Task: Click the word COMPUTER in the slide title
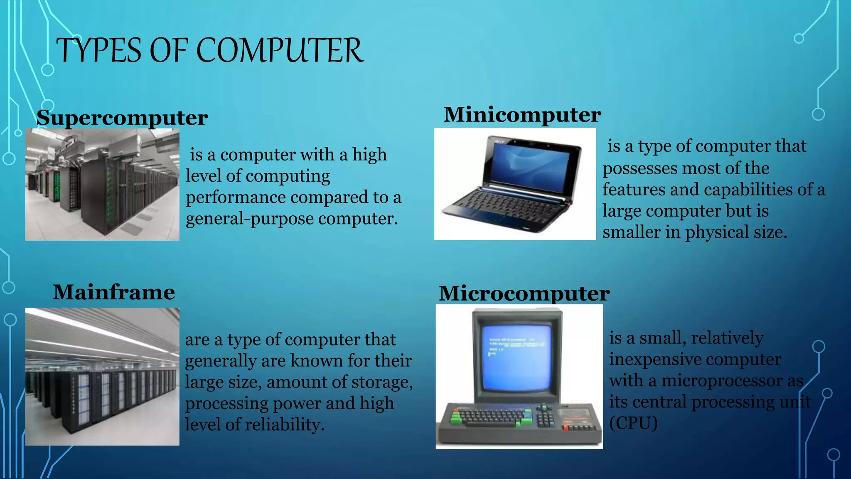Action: (x=280, y=50)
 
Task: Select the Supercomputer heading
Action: (x=122, y=118)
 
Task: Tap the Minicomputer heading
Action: (x=522, y=115)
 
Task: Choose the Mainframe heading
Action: (x=114, y=292)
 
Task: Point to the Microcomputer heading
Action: (x=524, y=294)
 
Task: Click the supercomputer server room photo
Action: (x=102, y=185)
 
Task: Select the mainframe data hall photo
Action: (x=102, y=376)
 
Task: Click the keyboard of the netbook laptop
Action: (x=505, y=208)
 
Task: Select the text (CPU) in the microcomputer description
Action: (x=633, y=423)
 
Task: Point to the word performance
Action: (x=234, y=198)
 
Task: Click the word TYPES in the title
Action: (x=98, y=50)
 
